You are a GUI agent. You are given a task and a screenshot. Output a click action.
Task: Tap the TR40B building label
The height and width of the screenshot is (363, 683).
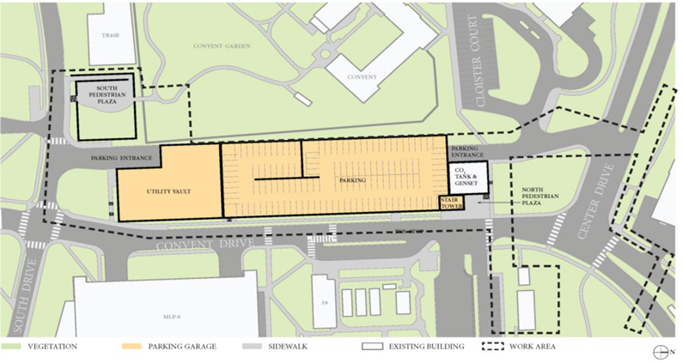[109, 35]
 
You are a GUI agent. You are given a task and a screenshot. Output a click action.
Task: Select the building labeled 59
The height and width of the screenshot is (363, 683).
[322, 303]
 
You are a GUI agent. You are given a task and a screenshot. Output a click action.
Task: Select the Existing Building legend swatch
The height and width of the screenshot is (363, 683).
[372, 347]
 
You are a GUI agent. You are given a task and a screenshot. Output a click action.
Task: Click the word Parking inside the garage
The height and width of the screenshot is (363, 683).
[352, 181]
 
